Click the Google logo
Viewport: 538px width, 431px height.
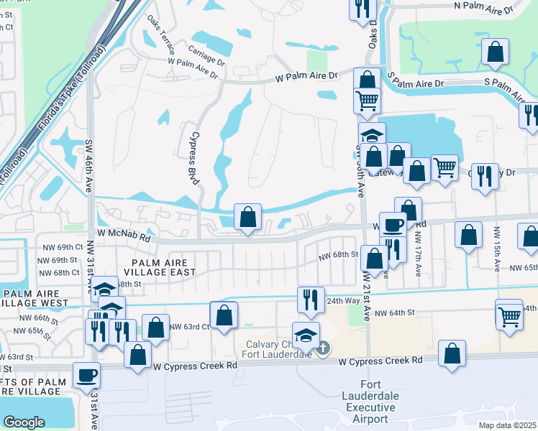[24, 422]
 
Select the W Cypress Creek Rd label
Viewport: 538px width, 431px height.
[195, 366]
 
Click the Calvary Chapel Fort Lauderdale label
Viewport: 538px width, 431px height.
[277, 346]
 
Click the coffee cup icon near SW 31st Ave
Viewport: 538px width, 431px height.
[88, 376]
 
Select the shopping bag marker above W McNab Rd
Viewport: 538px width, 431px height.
[247, 216]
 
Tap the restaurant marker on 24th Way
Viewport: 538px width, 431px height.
[310, 300]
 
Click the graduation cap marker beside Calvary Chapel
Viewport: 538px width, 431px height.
[306, 334]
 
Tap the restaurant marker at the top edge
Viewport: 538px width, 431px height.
[362, 7]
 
